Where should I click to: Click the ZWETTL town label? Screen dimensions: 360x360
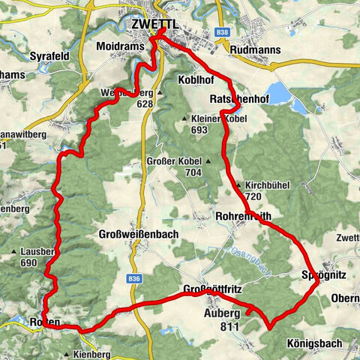point(154,24)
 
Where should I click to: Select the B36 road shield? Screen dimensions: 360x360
point(134,278)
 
